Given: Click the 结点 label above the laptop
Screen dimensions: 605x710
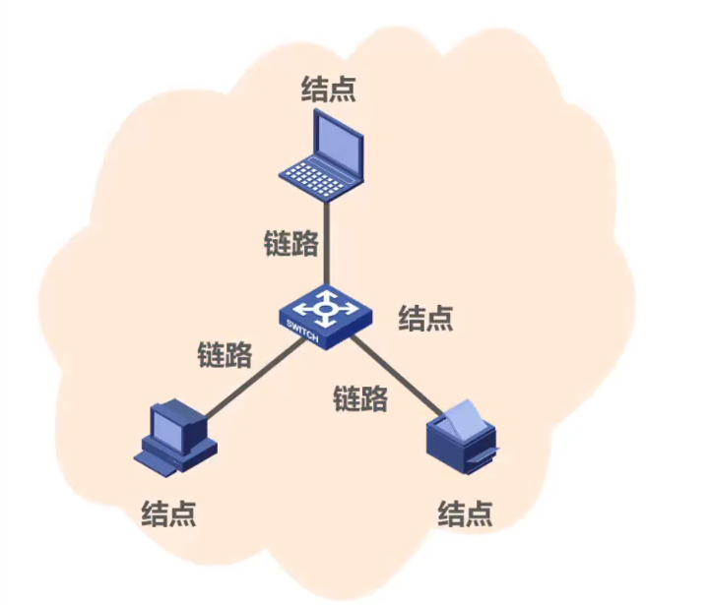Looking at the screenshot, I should [328, 90].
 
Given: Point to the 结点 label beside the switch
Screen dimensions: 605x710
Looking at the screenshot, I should [425, 317].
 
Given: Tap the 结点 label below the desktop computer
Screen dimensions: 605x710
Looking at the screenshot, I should [168, 513].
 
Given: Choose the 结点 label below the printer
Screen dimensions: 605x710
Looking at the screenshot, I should [465, 513].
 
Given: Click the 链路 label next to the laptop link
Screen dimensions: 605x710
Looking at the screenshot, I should [291, 243].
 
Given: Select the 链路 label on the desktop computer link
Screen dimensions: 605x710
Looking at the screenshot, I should [225, 353].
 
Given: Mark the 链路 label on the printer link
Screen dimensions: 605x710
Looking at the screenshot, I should [359, 397].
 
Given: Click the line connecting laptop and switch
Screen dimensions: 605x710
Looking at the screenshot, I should [326, 246].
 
